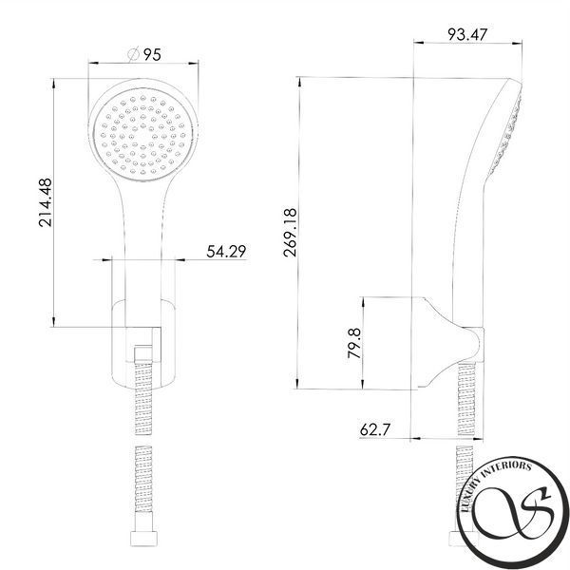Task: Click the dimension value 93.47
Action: tap(466, 34)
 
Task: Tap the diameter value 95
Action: tap(152, 55)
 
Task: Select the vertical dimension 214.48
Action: tap(46, 202)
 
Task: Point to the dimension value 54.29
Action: tap(226, 252)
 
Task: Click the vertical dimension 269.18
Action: tap(290, 233)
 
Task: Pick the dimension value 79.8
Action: tap(354, 343)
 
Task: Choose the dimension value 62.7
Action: tap(375, 429)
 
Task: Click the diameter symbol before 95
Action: tap(133, 54)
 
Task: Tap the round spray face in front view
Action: tap(143, 134)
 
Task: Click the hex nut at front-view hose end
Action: tap(143, 539)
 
